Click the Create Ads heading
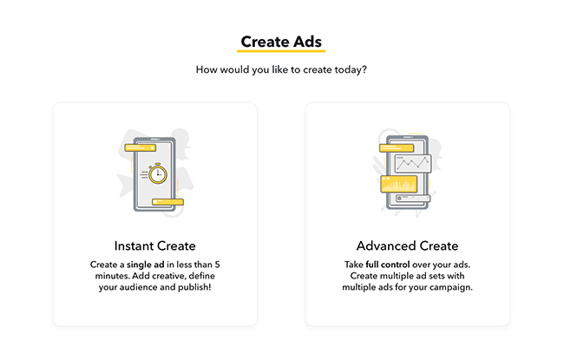pyautogui.click(x=281, y=42)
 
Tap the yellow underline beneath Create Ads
pyautogui.click(x=281, y=51)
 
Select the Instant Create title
pyautogui.click(x=155, y=246)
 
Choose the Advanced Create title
pyautogui.click(x=408, y=246)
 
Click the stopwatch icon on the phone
pyautogui.click(x=158, y=173)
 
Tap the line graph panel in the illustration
pyautogui.click(x=412, y=164)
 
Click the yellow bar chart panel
pyautogui.click(x=399, y=184)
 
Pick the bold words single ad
pyautogui.click(x=145, y=265)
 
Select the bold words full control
pyautogui.click(x=388, y=265)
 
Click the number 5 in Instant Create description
pyautogui.click(x=217, y=265)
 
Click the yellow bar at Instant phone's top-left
pyautogui.click(x=141, y=147)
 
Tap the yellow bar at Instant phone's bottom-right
pyautogui.click(x=167, y=202)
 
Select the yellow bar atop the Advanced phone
pyautogui.click(x=397, y=147)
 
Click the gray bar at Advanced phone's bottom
pyautogui.click(x=413, y=198)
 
